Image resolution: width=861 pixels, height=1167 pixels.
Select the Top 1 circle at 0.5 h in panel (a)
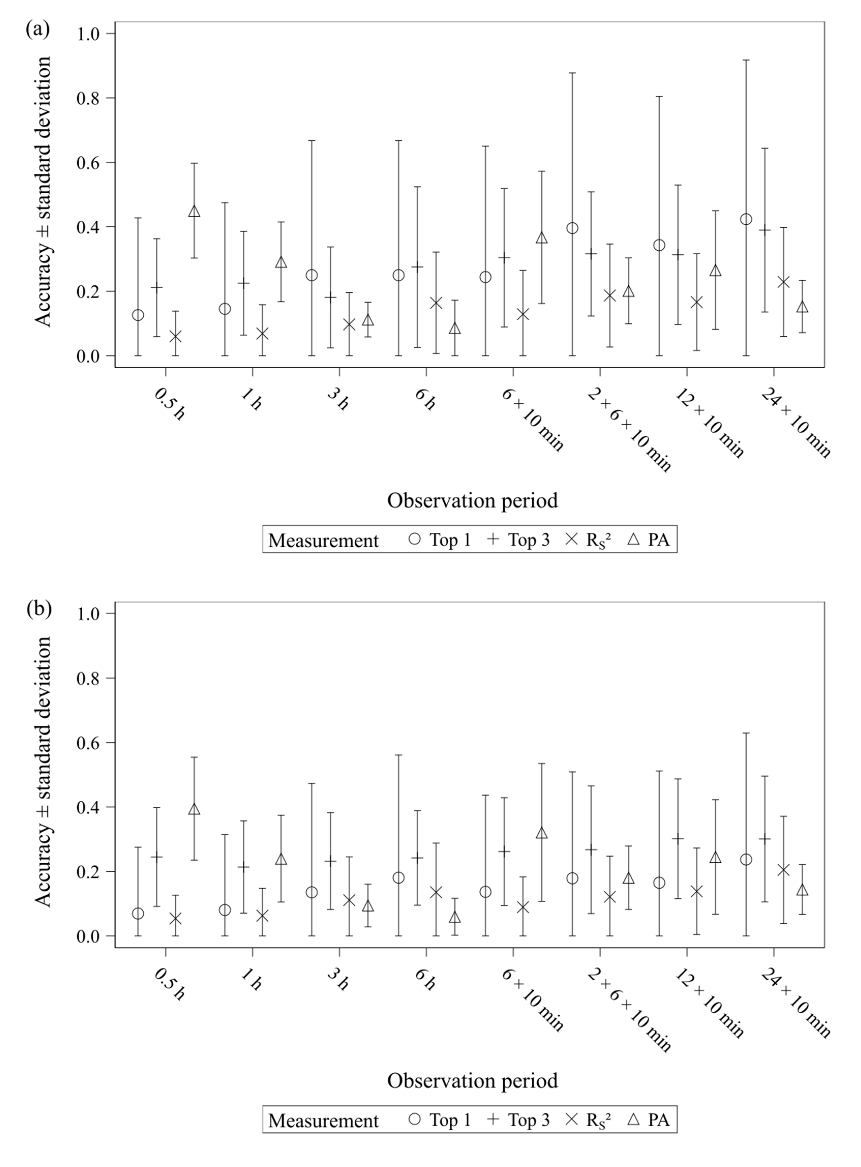click(x=138, y=315)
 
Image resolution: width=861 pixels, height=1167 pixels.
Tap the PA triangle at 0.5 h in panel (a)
click(x=194, y=211)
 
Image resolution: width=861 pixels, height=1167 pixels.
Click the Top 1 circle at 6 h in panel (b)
click(x=399, y=878)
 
